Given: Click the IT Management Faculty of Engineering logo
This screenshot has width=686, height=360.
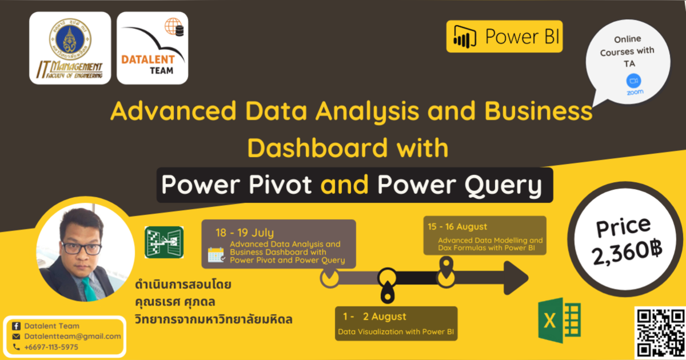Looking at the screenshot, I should point(70,48).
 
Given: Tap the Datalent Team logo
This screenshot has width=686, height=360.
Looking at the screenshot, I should point(152,48).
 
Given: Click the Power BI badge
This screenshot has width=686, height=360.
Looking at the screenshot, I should point(504,37).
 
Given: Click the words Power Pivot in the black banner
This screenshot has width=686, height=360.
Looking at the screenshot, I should point(237,185).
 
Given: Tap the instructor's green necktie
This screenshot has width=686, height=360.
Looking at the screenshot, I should point(89,289).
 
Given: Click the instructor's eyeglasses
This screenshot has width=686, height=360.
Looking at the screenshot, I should point(81,249).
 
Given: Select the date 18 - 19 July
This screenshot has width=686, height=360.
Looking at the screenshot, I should point(245,233).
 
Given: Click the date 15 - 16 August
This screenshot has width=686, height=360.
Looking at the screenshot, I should point(457,227).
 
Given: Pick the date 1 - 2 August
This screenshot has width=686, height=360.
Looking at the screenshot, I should point(374,316).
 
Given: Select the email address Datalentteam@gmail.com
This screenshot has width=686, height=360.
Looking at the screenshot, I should point(73,337).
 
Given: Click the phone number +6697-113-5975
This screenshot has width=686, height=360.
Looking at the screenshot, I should point(51,347).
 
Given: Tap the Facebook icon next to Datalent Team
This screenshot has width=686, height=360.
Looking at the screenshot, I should point(16,326).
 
